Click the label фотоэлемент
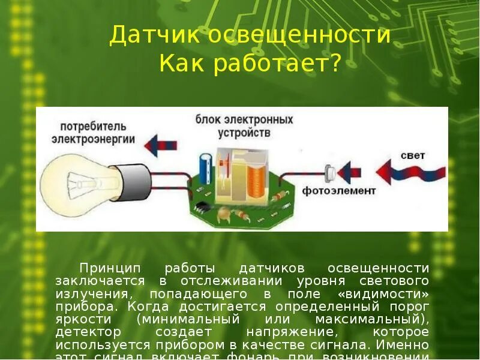click(338, 191)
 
